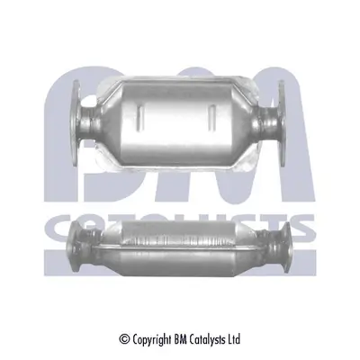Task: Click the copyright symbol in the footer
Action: (x=124, y=339)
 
